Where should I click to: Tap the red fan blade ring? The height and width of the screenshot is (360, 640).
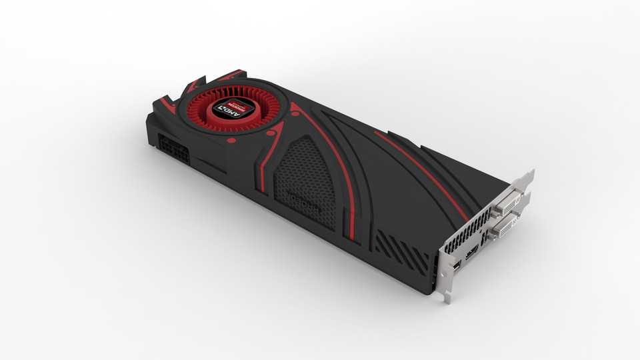pos(205,119)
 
